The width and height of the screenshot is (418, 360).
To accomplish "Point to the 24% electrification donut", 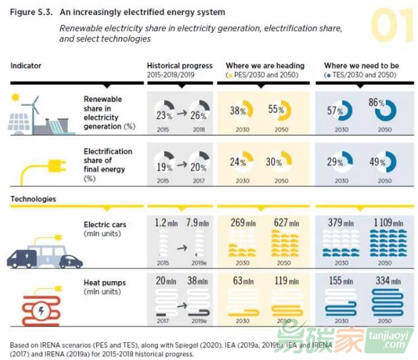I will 242,162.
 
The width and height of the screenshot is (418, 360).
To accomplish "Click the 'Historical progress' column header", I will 180,66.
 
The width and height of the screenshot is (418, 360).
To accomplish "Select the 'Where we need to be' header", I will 361,66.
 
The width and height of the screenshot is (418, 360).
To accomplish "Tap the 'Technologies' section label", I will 33,199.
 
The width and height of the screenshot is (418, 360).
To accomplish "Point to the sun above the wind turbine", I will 15,98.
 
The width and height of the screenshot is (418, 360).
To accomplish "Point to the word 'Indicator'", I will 26,66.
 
